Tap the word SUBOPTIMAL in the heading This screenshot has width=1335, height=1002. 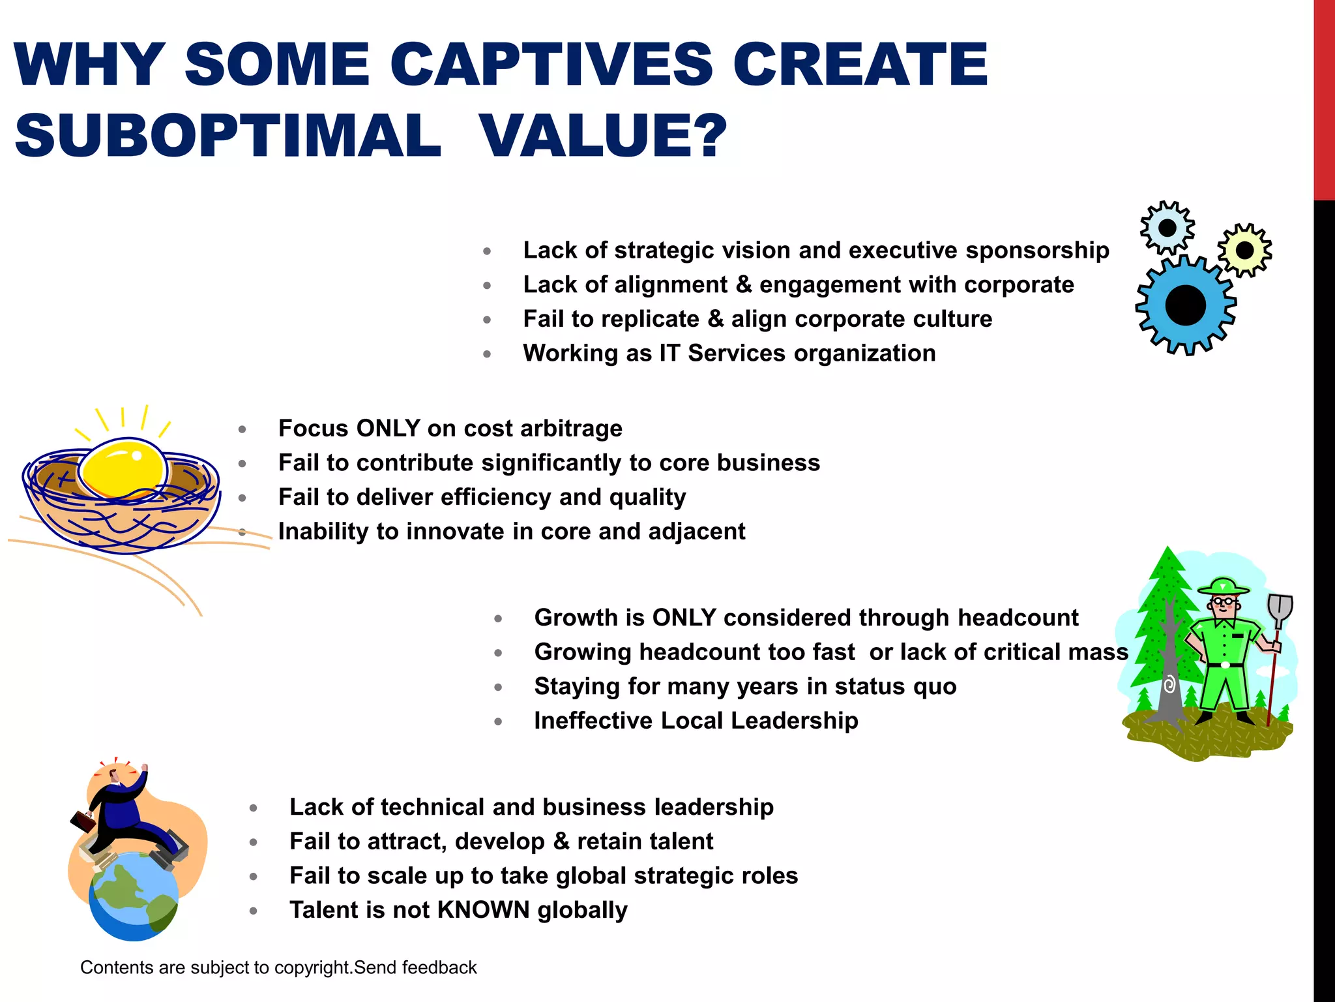click(x=228, y=135)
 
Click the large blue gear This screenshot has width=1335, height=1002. click(x=1185, y=305)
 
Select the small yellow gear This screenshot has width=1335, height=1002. click(x=1244, y=250)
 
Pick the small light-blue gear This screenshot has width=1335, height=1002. click(x=1167, y=228)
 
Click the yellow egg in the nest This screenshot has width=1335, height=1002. click(x=122, y=468)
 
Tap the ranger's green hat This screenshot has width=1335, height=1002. click(x=1224, y=586)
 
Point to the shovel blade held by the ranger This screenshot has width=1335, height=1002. click(x=1280, y=609)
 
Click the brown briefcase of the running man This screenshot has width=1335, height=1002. click(x=83, y=821)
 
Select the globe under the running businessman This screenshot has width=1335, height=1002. click(x=134, y=898)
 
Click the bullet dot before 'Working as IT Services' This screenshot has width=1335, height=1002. click(x=487, y=354)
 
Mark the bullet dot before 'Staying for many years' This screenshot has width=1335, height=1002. click(x=498, y=688)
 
